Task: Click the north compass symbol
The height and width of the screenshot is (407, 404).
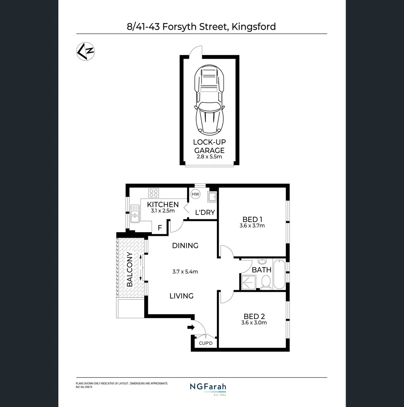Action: (86, 51)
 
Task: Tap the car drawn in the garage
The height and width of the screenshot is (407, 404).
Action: (209, 100)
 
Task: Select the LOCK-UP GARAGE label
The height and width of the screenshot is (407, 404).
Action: (209, 146)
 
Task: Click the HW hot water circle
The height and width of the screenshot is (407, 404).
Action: (195, 194)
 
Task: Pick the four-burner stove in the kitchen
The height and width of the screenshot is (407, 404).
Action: (153, 193)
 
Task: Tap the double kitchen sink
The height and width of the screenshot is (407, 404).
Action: (135, 214)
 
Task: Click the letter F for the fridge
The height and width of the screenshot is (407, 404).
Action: (160, 228)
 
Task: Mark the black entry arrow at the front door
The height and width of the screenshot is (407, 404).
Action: (191, 327)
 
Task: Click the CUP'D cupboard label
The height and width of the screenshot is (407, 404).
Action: (206, 343)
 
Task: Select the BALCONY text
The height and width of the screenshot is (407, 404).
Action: (130, 269)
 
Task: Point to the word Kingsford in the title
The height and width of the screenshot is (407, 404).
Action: (254, 26)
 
